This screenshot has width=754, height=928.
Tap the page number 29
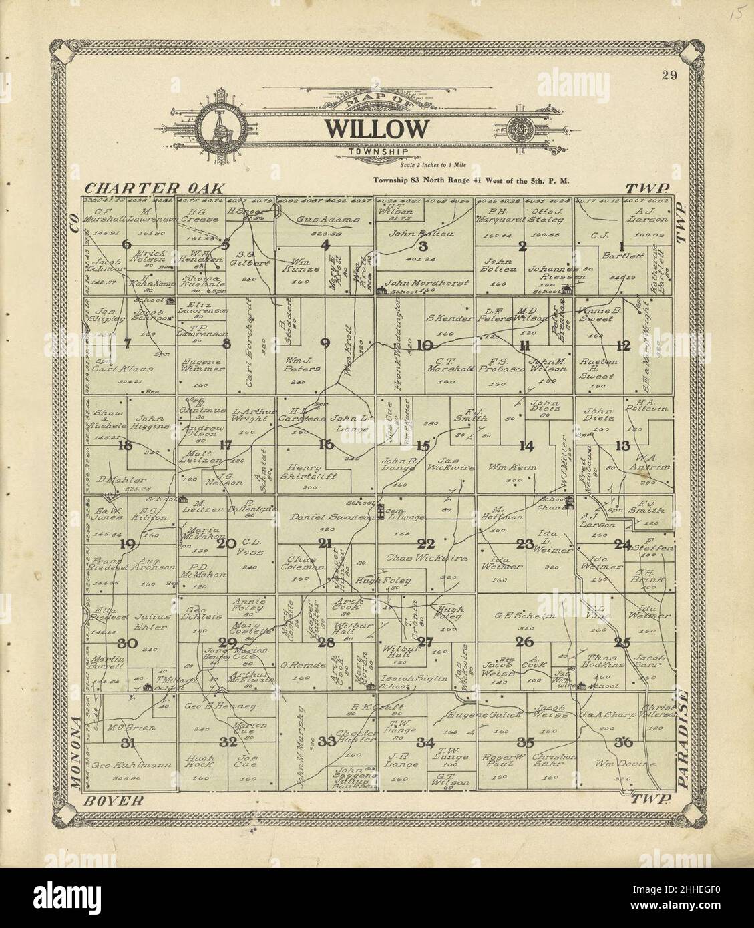(x=670, y=75)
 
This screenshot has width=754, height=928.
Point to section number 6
(x=127, y=244)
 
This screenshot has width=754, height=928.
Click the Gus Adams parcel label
(x=327, y=219)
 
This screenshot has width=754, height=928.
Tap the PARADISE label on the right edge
(x=682, y=736)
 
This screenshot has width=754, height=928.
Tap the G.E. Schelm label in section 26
(x=524, y=616)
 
